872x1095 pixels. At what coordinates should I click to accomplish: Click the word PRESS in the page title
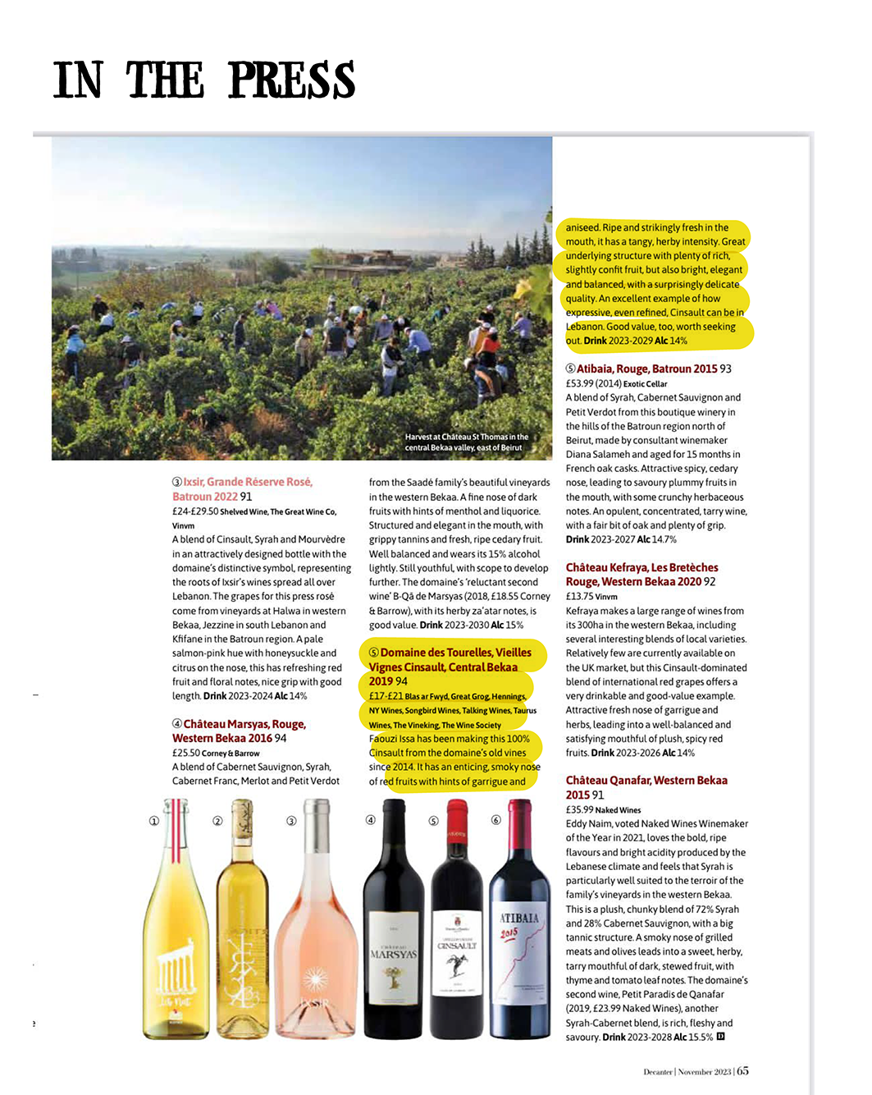click(291, 80)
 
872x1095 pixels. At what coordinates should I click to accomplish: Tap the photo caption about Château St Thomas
click(466, 442)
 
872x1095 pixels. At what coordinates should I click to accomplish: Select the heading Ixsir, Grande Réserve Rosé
click(247, 482)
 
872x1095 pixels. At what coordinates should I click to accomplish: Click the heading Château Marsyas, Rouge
click(244, 724)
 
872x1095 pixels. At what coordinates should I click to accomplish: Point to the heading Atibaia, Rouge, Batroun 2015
click(646, 369)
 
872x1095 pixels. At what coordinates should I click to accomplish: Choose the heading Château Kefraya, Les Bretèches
click(641, 567)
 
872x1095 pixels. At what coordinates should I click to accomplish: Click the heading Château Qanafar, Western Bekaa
click(646, 781)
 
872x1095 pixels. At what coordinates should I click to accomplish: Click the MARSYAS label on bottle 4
click(393, 955)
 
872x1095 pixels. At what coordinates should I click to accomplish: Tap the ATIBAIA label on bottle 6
click(519, 918)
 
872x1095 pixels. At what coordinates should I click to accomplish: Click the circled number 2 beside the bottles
click(217, 821)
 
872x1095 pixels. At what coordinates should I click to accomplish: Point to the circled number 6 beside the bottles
click(495, 820)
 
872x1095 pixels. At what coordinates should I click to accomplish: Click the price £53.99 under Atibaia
click(579, 383)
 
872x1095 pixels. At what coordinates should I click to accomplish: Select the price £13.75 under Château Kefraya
click(578, 597)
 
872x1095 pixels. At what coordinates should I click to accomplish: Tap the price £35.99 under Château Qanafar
click(579, 809)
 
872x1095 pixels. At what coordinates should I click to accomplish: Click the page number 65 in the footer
click(742, 1070)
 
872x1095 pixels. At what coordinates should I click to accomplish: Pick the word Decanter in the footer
click(658, 1071)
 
